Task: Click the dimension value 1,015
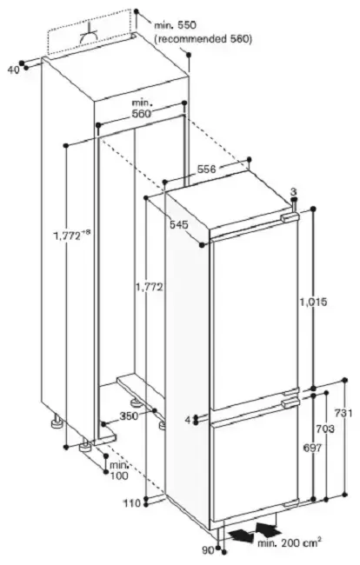click(x=313, y=302)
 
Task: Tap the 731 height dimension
click(x=343, y=413)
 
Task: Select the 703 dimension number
click(x=325, y=429)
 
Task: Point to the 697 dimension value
click(x=312, y=448)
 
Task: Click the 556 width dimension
click(x=207, y=169)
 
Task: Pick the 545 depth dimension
click(x=179, y=225)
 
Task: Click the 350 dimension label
click(x=129, y=416)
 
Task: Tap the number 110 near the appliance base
click(x=132, y=503)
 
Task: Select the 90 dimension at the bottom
click(x=208, y=550)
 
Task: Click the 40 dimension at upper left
click(x=13, y=70)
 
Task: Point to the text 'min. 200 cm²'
click(x=290, y=542)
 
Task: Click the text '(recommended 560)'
click(x=203, y=39)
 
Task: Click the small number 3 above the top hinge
click(x=293, y=191)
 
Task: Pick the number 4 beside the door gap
click(x=188, y=420)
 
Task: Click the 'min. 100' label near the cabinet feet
click(x=119, y=470)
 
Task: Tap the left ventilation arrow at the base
click(x=242, y=535)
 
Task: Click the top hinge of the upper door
click(x=289, y=217)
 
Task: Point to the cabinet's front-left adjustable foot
click(x=86, y=445)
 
